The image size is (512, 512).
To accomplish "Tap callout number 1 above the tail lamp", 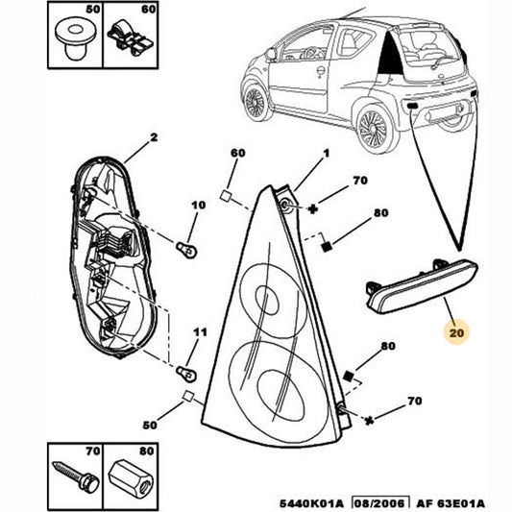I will (x=325, y=155).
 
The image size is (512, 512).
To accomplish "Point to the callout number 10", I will (x=200, y=206).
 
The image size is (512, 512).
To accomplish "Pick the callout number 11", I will (x=200, y=332).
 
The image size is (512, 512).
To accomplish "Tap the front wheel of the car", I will (x=256, y=101).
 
